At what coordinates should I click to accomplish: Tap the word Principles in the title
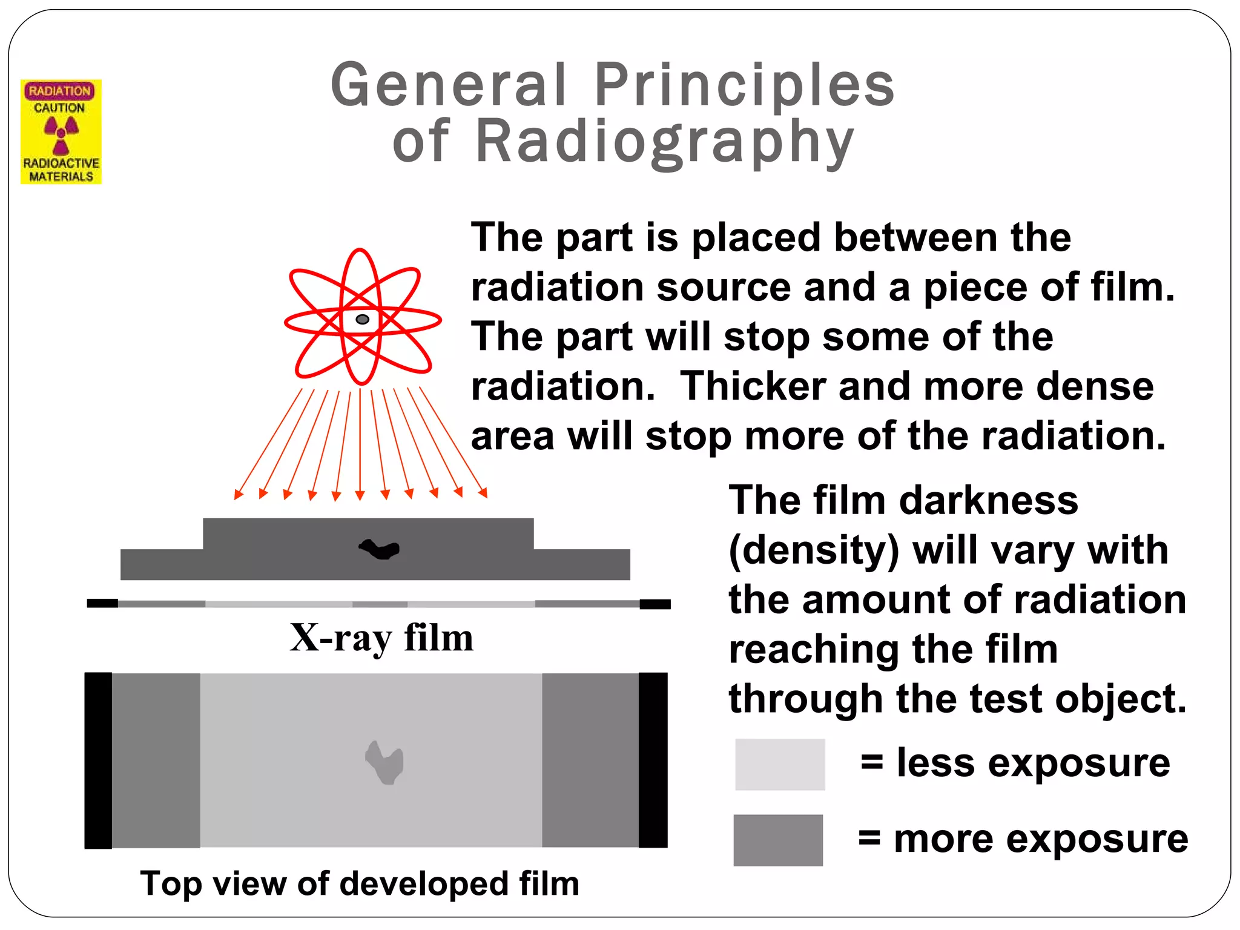coord(744,85)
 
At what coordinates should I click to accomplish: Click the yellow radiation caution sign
coord(61,131)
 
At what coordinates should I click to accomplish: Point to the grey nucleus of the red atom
coord(362,319)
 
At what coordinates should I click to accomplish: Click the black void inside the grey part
coord(380,549)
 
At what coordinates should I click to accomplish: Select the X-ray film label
coord(381,638)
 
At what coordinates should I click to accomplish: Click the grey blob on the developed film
coord(384,762)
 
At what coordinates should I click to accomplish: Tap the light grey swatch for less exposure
coord(780,764)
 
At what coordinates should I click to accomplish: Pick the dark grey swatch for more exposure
coord(778,840)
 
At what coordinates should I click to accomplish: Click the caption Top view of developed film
coord(360,883)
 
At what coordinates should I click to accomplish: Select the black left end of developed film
coord(98,760)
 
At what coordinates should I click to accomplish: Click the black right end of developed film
coord(653,760)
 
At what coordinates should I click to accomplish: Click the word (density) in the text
coord(814,551)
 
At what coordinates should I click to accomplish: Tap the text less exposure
coord(1033,762)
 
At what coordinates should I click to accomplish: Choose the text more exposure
coord(1040,839)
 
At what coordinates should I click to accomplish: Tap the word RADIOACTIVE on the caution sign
coord(61,163)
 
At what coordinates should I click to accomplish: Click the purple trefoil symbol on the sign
coord(61,133)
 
